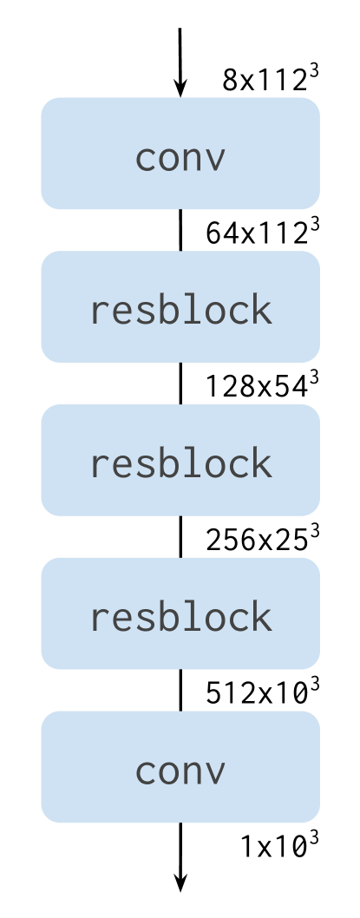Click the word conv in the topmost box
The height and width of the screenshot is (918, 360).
pos(180,158)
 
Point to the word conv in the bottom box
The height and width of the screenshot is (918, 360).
pos(180,770)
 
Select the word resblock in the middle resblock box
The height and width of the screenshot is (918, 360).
pos(180,463)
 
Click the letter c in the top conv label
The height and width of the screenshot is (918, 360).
pos(147,159)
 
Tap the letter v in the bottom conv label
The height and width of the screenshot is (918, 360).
pos(215,771)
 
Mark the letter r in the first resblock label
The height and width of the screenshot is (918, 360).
pos(101,312)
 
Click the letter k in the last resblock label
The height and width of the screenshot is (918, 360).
pos(261,617)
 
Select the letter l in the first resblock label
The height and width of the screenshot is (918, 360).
pos(192,310)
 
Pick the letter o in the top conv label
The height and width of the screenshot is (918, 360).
pos(169,159)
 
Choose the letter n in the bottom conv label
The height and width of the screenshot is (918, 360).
pos(193,771)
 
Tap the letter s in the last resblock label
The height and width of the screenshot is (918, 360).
pos(147,619)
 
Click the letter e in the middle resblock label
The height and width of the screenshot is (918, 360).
pos(123,465)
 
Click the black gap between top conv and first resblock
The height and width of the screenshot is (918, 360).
pos(180,230)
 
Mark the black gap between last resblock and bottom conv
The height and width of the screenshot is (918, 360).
pos(180,690)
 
